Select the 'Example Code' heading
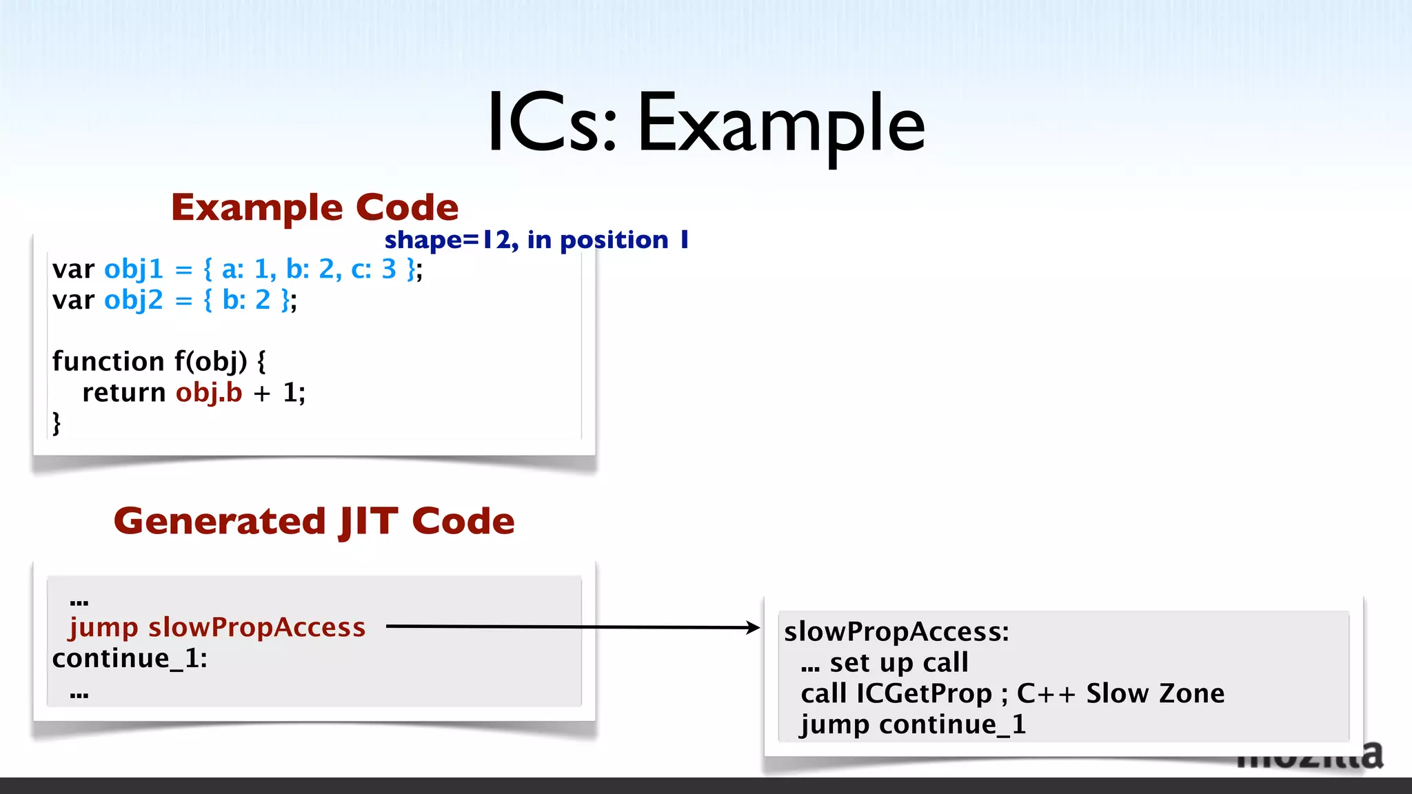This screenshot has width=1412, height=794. point(314,207)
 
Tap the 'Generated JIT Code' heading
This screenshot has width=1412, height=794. point(314,521)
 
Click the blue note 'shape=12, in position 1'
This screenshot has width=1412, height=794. point(536,240)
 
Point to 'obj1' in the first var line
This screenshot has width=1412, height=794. point(134,269)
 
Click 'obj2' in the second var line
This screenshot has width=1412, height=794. point(134,300)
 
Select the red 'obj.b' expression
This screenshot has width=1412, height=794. point(209,392)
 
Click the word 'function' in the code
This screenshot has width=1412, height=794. point(108,361)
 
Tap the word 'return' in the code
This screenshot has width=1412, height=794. point(124,392)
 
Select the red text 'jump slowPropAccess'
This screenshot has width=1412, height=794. point(217,627)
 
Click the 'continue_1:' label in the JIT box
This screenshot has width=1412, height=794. point(130,658)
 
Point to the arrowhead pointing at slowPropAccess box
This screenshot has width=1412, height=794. point(753,627)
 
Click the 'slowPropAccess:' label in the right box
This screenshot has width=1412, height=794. point(896,631)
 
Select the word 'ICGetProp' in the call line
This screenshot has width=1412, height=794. point(924,693)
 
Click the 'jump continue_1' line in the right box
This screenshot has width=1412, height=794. point(913,724)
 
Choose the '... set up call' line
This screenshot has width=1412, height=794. point(885,662)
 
